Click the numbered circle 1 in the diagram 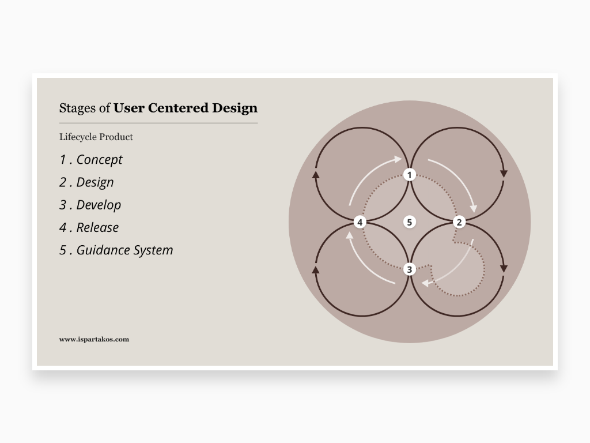pos(410,175)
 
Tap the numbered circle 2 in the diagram pos(459,222)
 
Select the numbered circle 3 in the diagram pos(410,269)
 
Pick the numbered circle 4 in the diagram pos(360,222)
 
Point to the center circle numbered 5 pos(410,222)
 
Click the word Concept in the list pos(99,160)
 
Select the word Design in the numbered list pos(95,182)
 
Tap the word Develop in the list pos(99,205)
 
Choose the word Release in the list pos(98,227)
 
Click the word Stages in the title pos(77,108)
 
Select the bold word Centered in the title pos(179,108)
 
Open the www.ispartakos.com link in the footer pos(94,339)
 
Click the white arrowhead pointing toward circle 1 pos(398,159)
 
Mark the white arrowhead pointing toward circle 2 pos(474,209)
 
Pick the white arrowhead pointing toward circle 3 pos(425,283)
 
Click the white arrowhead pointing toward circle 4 pos(350,235)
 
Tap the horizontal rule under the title pos(158,123)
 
